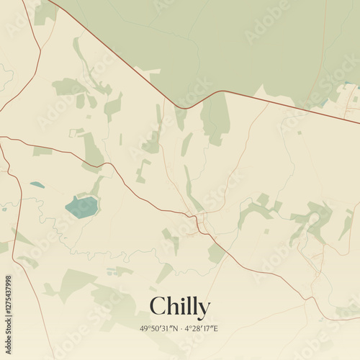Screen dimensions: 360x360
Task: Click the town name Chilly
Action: tap(180, 307)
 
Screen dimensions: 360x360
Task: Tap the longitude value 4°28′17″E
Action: tap(202, 329)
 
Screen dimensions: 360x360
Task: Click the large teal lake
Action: tap(81, 207)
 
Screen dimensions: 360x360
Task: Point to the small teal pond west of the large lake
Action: tap(37, 185)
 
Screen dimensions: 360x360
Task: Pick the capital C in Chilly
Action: tap(158, 307)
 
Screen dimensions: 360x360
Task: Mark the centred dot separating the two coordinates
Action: tap(183, 329)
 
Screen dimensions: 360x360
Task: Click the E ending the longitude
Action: tap(215, 329)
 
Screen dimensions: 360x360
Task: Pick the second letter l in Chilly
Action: tap(194, 306)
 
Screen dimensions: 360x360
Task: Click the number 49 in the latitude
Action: tap(144, 329)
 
